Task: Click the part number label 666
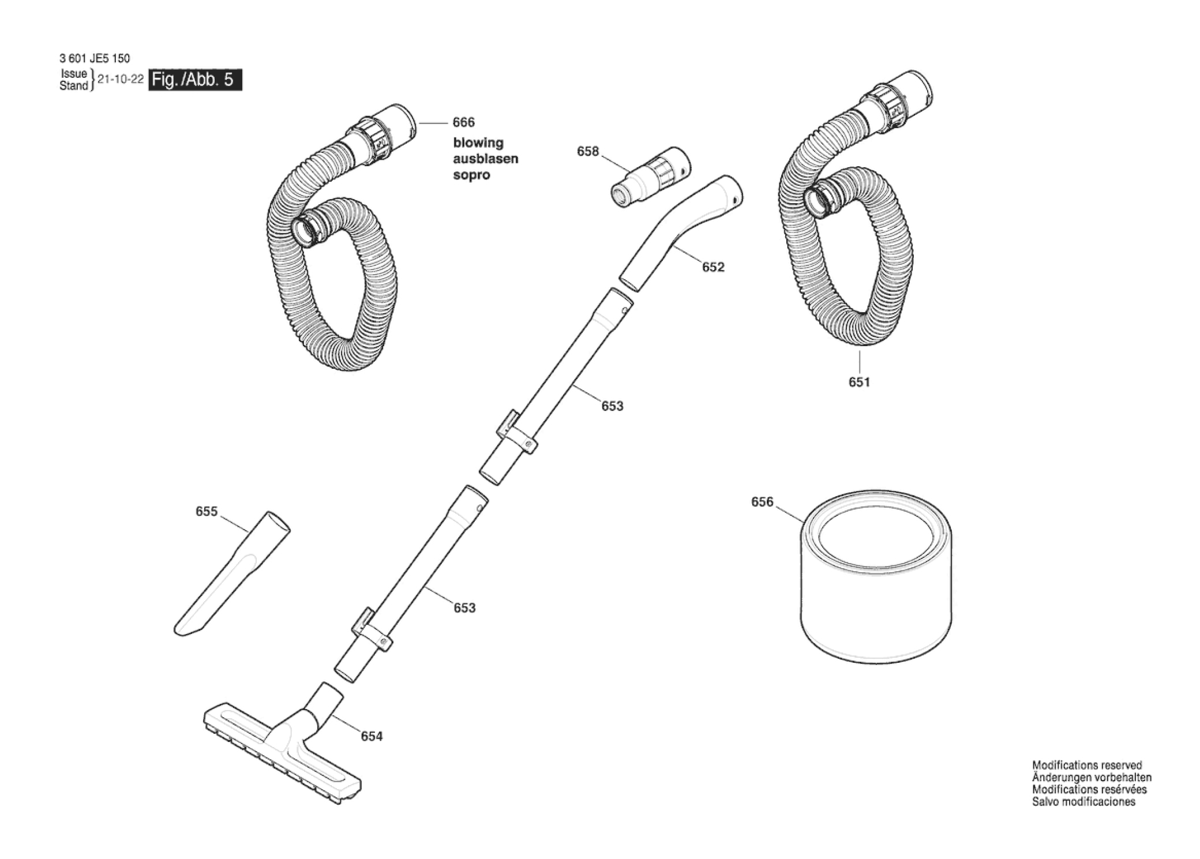coord(464,122)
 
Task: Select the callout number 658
coord(588,151)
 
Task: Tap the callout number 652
coord(713,267)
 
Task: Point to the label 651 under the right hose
coord(859,382)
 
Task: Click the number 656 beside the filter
coord(762,502)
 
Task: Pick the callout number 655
coord(207,512)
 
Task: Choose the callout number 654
coord(372,736)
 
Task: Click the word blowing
coord(478,143)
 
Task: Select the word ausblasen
coord(486,159)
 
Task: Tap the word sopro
coord(471,175)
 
